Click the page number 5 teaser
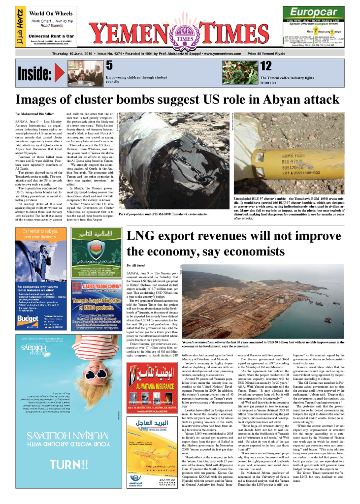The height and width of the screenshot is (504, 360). (x=110, y=66)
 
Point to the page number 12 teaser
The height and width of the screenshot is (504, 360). (x=265, y=66)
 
